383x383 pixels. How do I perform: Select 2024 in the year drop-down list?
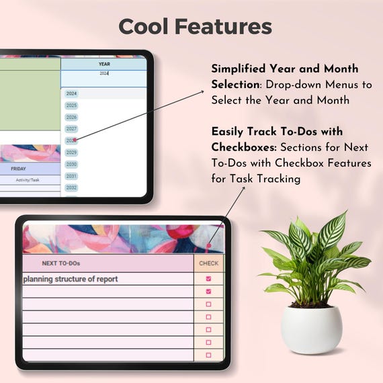click(x=72, y=94)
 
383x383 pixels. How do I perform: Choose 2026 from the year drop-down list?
click(x=72, y=118)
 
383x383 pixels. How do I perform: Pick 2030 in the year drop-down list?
click(x=72, y=165)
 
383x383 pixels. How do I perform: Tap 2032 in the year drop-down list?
click(x=72, y=187)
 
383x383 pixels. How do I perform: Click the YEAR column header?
click(x=104, y=65)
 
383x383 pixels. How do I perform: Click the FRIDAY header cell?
click(x=19, y=169)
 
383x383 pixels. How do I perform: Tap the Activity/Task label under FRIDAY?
click(x=27, y=180)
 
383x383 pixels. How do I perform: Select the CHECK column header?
click(x=208, y=263)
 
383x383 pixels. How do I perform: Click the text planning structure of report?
click(x=71, y=279)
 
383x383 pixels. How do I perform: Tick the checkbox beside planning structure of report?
click(x=208, y=279)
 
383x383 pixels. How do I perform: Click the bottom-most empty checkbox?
click(x=208, y=355)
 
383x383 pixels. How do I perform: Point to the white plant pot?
click(x=311, y=329)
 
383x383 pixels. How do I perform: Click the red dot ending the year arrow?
click(x=75, y=140)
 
